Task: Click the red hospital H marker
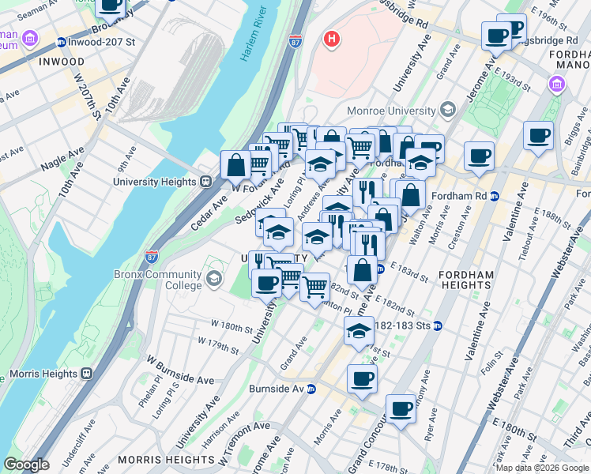332,37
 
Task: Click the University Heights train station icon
205,182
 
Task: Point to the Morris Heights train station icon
87,373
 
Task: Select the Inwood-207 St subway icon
61,42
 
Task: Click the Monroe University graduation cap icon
448,111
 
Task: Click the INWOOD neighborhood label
60,61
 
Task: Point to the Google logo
26,465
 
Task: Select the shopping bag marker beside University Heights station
235,166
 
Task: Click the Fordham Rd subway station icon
495,196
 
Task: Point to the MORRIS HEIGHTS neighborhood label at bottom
156,459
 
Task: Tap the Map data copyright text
542,468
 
